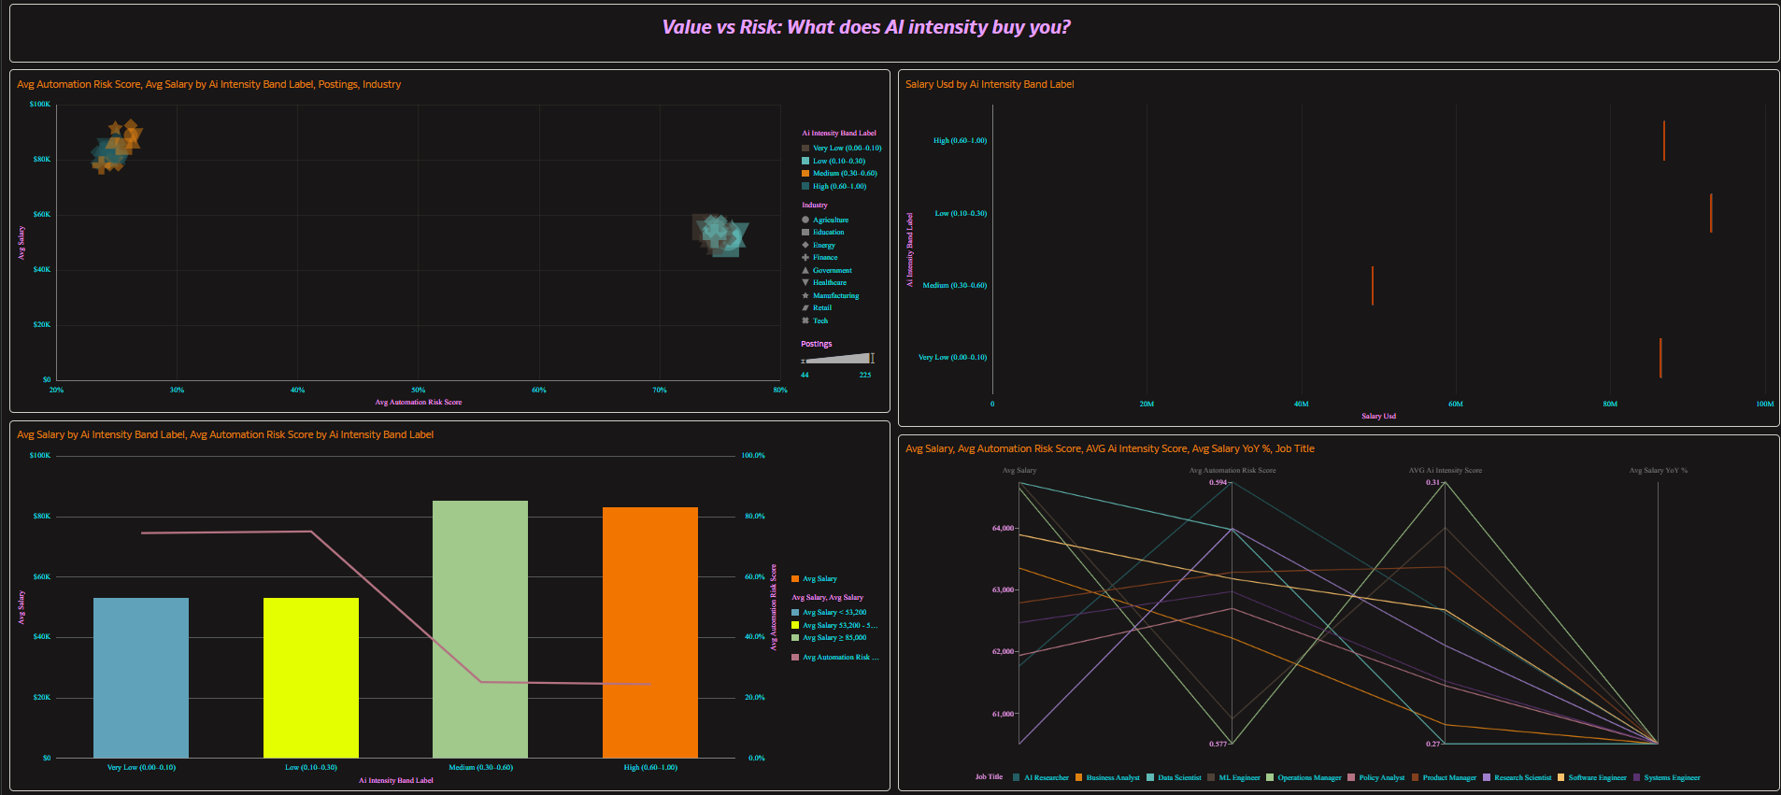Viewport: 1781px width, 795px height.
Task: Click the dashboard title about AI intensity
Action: [x=866, y=27]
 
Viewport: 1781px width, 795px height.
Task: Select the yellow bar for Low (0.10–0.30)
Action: [x=310, y=677]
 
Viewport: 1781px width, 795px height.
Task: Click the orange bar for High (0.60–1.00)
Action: [x=649, y=632]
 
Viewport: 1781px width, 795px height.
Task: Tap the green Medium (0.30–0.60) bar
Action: [x=479, y=629]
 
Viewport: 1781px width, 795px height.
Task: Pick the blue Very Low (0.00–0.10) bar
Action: [x=141, y=677]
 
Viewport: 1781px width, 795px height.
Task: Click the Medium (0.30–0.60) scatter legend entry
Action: [x=844, y=174]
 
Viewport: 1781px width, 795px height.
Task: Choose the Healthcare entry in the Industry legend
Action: [x=829, y=283]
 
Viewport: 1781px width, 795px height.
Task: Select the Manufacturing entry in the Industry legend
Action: [x=835, y=296]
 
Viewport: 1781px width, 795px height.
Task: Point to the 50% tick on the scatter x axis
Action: [x=419, y=390]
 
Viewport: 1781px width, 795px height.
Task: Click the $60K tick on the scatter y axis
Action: [x=42, y=215]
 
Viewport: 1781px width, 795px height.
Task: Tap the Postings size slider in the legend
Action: [x=837, y=359]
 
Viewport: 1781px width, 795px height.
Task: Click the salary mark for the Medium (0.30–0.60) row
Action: [x=1372, y=286]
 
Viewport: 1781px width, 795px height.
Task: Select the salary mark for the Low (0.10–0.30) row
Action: [x=1711, y=213]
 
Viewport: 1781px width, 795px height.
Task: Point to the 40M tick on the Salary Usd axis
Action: [x=1301, y=405]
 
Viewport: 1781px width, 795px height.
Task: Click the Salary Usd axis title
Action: [x=1378, y=417]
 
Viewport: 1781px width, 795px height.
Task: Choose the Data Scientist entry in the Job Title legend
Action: [x=1179, y=778]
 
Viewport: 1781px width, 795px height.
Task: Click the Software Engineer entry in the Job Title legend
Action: [x=1596, y=778]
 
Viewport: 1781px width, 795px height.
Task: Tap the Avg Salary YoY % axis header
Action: [x=1658, y=471]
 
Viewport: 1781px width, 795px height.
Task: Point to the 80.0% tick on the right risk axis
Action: [x=753, y=517]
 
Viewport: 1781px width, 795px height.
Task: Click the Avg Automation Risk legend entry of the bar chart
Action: [x=839, y=658]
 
